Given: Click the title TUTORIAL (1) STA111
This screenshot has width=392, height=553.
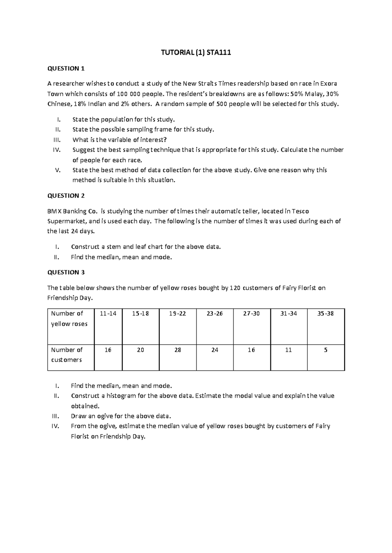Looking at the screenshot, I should click(x=196, y=53).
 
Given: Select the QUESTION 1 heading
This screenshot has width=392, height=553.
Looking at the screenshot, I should click(x=66, y=68).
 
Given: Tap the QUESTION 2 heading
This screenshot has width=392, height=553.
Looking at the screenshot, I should click(x=66, y=196).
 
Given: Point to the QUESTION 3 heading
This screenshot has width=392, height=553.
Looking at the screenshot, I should click(x=66, y=272).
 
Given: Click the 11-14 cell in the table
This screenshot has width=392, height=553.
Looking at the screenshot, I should click(x=108, y=314).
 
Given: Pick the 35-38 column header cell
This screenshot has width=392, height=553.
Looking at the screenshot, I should click(x=325, y=314).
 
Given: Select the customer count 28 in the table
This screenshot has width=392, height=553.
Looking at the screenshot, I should click(x=178, y=350).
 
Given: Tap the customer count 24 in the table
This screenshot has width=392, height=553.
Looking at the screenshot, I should click(x=215, y=350).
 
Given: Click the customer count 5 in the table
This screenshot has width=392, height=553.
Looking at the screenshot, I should click(x=326, y=350).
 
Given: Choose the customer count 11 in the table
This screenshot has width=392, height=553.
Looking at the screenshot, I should click(x=288, y=350).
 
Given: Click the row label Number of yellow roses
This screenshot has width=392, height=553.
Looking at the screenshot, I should click(x=69, y=319).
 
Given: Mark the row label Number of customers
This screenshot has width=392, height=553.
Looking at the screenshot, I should click(x=67, y=355).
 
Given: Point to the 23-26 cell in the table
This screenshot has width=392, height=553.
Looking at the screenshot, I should click(x=215, y=314).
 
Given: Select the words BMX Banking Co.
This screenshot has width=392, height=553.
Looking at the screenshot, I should click(x=72, y=211).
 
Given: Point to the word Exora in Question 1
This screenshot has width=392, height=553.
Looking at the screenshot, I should click(x=329, y=83).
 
